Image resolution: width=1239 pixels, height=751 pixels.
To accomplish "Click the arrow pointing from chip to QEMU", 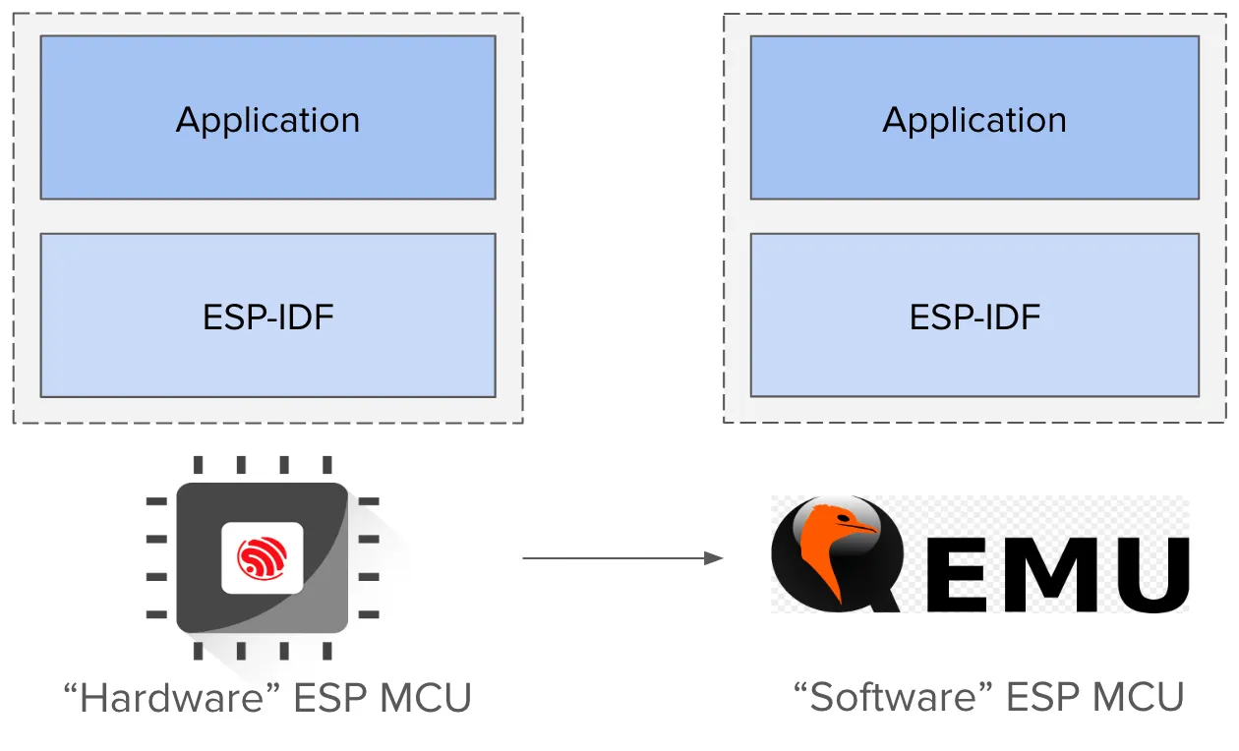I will tap(619, 558).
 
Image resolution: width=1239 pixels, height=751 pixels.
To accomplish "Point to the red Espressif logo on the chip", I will tap(262, 558).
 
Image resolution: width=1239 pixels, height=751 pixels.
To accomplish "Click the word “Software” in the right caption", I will tap(893, 697).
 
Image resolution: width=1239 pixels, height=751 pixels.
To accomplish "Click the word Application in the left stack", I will tap(267, 120).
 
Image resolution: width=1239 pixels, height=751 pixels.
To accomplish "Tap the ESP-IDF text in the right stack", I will tap(973, 318).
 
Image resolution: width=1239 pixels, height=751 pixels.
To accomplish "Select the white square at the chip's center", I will tap(262, 557).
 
